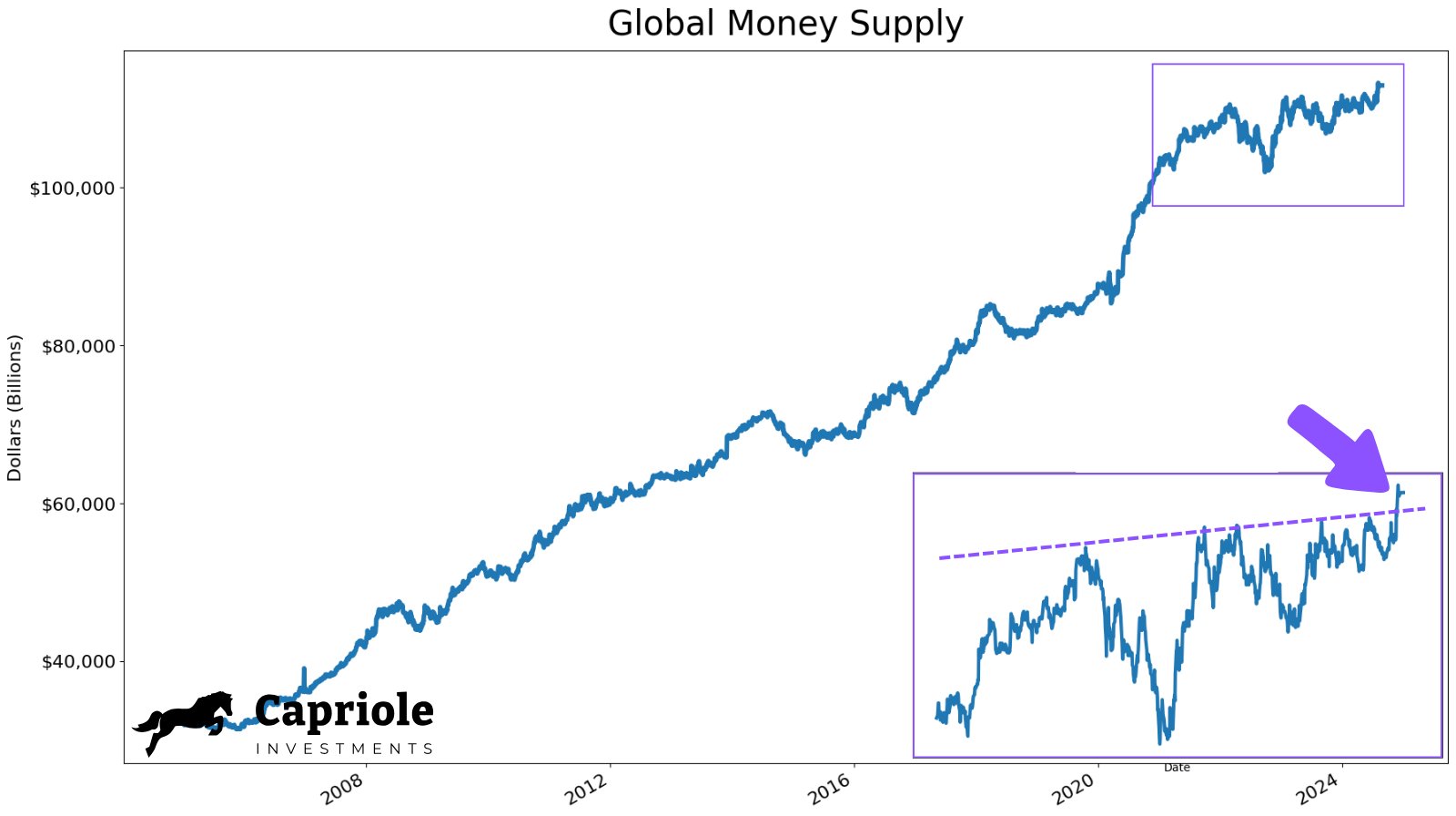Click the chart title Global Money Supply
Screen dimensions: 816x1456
click(x=784, y=24)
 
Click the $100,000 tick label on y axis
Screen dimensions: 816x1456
click(x=72, y=189)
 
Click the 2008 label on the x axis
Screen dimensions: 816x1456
click(x=343, y=789)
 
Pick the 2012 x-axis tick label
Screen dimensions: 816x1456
click(x=587, y=789)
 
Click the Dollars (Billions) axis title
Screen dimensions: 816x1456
click(x=15, y=408)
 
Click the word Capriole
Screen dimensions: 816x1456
click(x=344, y=711)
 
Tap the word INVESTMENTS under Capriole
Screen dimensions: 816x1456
click(x=344, y=749)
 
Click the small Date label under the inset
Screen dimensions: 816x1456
click(x=1177, y=768)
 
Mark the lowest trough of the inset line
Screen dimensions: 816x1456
click(x=1160, y=742)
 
